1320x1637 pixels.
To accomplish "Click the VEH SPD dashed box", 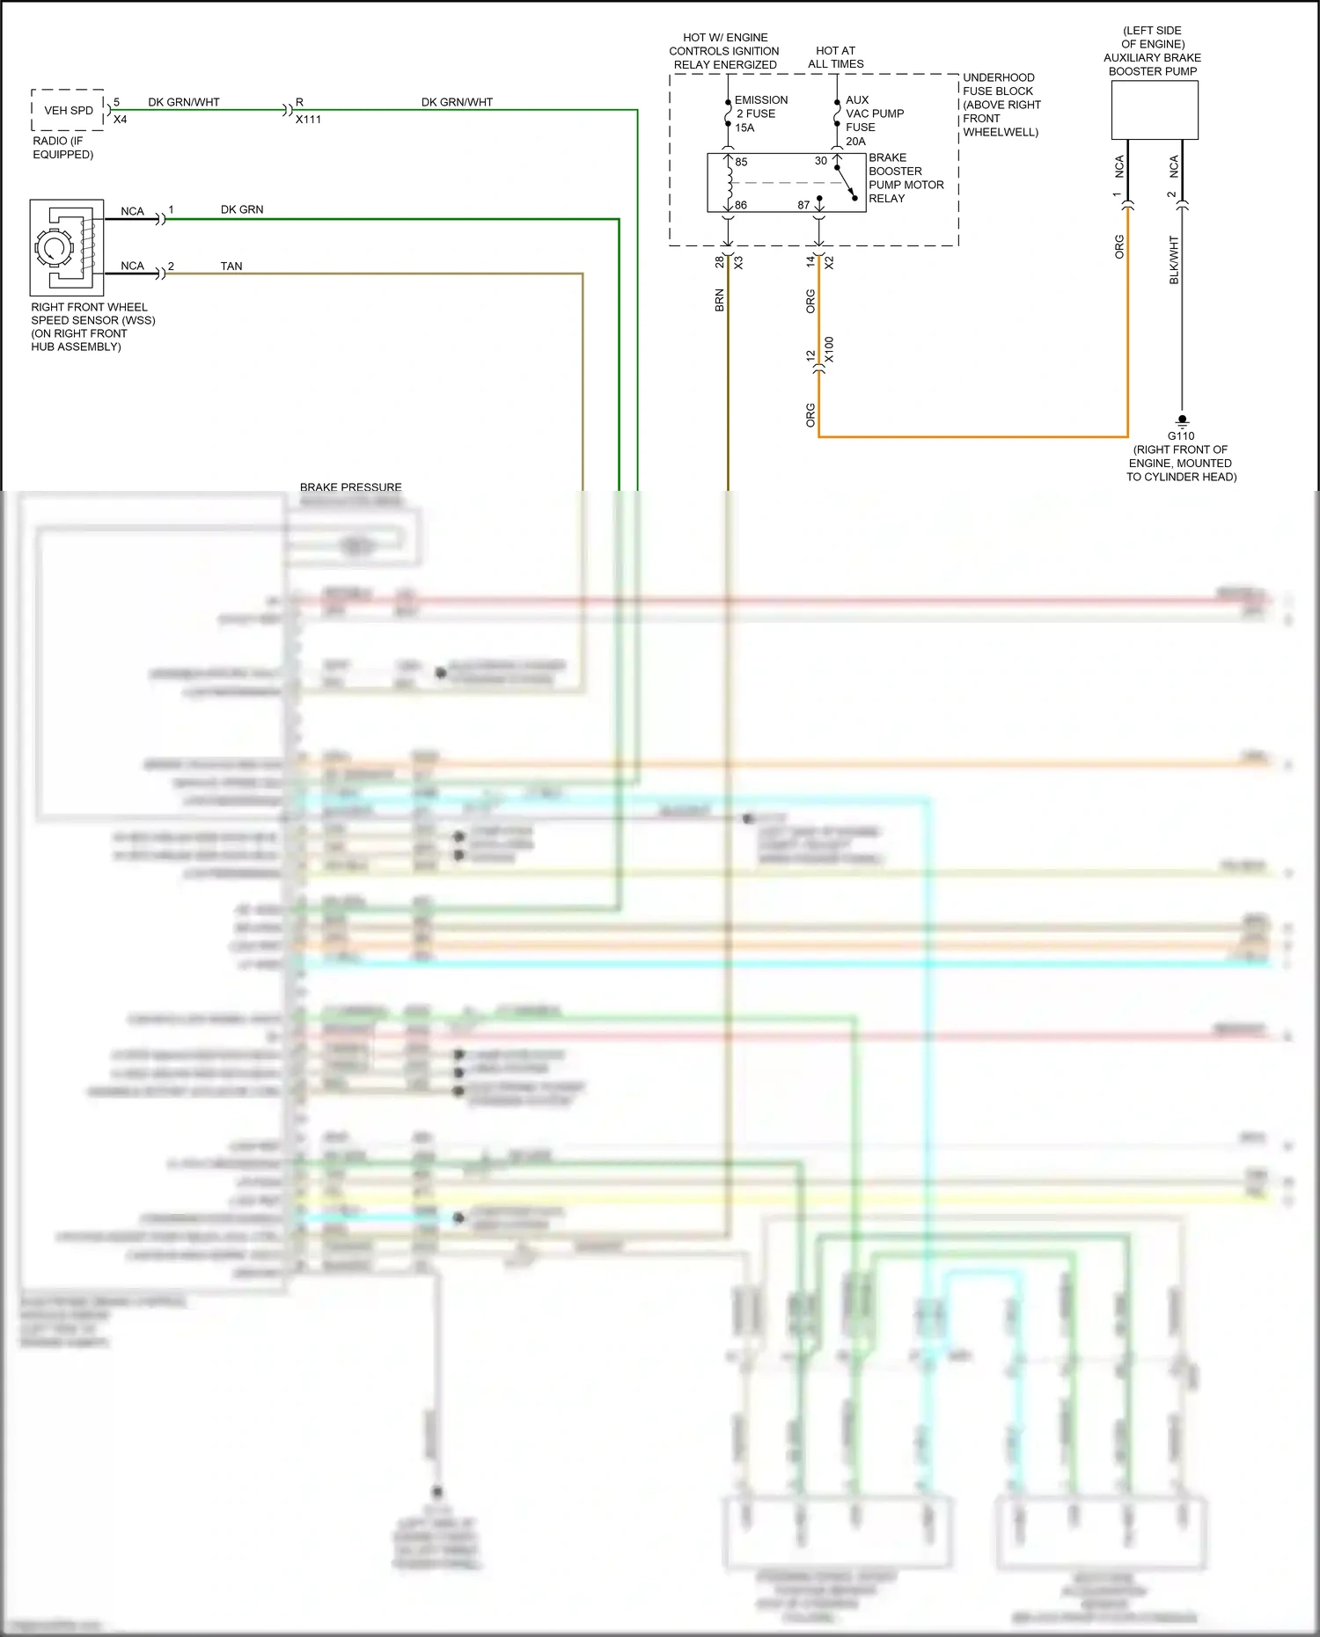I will coord(68,110).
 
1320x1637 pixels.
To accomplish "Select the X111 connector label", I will coord(308,120).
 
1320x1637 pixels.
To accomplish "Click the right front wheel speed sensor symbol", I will coord(66,247).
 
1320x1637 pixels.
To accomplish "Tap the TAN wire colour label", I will coord(231,266).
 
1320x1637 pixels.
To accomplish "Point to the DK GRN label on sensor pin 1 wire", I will coord(242,209).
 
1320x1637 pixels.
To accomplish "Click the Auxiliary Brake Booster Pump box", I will coord(1154,111).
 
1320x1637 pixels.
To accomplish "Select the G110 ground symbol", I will coord(1182,421).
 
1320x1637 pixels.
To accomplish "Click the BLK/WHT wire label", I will coord(1174,259).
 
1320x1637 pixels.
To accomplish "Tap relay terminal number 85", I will coord(741,162).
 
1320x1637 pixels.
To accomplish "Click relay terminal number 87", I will coord(803,205).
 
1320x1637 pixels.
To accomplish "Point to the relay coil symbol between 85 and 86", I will coord(729,183).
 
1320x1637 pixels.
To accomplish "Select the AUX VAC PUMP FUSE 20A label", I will coord(873,121).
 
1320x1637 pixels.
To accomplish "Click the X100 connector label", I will coord(829,350).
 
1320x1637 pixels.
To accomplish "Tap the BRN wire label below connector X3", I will coord(719,300).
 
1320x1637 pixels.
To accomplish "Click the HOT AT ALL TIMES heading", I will coord(835,57).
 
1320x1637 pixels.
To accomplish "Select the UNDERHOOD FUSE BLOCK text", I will coord(1001,105).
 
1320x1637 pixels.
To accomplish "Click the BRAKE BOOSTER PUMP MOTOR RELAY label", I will coord(906,178).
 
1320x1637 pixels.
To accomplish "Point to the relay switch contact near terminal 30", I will coord(846,182).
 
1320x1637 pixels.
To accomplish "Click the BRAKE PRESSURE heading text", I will coord(350,486).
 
